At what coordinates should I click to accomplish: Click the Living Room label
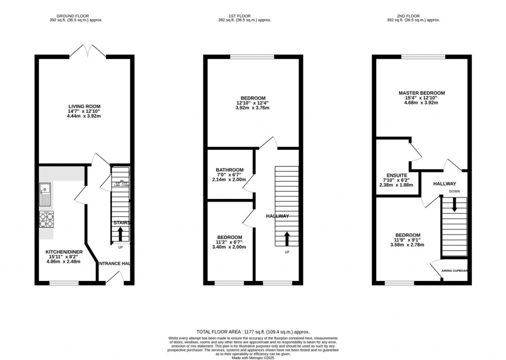tap(84, 106)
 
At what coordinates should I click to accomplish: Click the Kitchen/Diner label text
tap(64, 252)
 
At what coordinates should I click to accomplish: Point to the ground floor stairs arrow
tap(120, 233)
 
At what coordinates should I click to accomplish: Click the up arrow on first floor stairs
tap(287, 240)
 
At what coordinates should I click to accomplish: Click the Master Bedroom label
tap(422, 93)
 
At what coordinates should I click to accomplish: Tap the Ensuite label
tap(397, 175)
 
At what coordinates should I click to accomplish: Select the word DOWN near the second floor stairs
tap(454, 191)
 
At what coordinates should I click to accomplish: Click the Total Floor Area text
tap(253, 332)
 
